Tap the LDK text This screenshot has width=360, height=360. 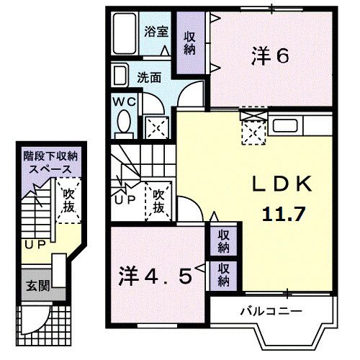click(x=282, y=185)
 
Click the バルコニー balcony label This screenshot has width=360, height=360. click(x=271, y=311)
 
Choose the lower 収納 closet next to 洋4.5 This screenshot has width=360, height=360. click(x=224, y=274)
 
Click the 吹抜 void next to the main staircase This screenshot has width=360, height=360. click(x=161, y=201)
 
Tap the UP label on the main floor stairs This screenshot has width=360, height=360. click(x=124, y=199)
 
